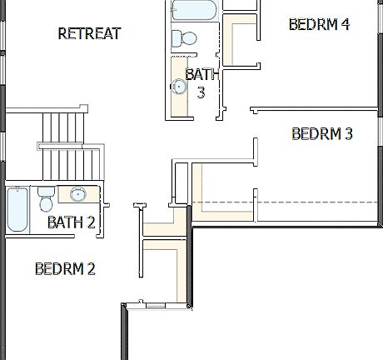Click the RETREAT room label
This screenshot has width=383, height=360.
point(89,34)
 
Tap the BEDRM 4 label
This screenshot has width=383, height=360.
point(319,24)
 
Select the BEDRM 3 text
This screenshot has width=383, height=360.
point(322,133)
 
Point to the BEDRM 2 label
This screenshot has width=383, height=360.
point(65,268)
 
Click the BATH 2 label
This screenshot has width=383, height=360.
point(71,222)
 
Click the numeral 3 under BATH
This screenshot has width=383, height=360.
point(201,92)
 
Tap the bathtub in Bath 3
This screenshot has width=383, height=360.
point(194,10)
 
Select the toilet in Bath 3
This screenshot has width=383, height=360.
point(182,38)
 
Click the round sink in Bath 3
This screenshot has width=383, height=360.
point(178,85)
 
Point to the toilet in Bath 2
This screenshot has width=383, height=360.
point(46,201)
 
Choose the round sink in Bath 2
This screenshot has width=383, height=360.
point(77,195)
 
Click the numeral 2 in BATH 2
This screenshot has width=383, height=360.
point(91,222)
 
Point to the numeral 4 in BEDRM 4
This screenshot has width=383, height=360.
point(345,24)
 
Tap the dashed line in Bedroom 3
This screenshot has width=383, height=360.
point(283,202)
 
